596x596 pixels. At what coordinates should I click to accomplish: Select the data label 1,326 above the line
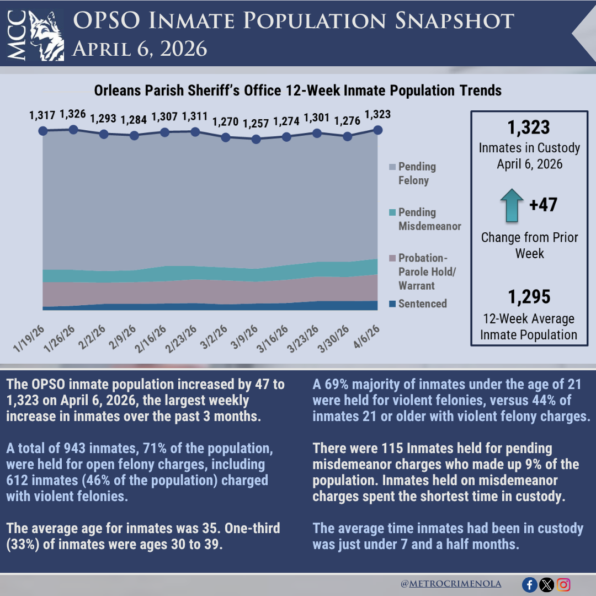coord(72,115)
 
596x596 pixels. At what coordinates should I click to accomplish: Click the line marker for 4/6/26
coord(377,130)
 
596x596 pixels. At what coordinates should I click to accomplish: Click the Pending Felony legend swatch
coord(392,167)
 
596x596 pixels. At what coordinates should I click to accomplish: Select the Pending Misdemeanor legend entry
coord(425,219)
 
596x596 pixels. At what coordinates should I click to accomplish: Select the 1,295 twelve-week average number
coord(529,297)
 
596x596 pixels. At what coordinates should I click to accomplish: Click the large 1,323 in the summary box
coord(529,127)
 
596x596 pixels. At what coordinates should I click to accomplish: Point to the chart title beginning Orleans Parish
coord(297,90)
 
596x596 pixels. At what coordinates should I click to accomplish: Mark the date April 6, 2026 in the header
coord(140,49)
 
